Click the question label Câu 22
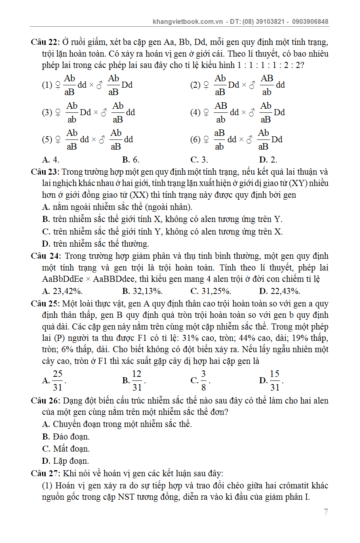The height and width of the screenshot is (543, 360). (x=45, y=42)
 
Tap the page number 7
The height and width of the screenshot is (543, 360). (x=326, y=512)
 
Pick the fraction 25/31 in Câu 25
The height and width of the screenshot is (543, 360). (x=57, y=380)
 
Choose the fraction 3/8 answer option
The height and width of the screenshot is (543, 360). (x=204, y=380)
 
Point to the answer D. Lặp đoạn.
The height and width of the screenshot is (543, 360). (x=65, y=461)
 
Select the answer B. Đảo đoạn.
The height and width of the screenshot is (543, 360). (x=66, y=437)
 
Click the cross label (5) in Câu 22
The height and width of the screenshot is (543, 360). (x=47, y=139)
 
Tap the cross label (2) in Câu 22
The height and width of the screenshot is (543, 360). (x=195, y=85)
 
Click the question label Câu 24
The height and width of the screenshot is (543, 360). (x=45, y=256)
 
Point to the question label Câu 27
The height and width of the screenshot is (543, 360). (x=45, y=473)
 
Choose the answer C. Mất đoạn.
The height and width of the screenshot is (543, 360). (x=66, y=449)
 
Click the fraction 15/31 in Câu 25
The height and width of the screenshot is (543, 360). (x=275, y=380)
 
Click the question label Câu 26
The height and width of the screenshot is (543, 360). (x=45, y=401)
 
